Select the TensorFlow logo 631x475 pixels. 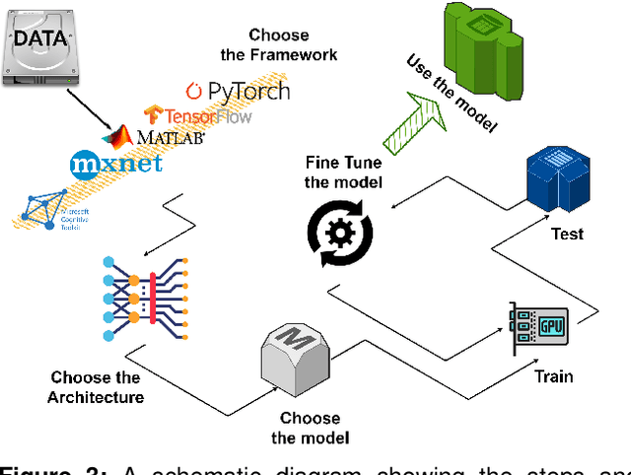coord(197,115)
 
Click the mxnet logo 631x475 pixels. coord(116,162)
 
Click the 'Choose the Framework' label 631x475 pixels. coord(292,45)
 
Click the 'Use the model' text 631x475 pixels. coord(453,95)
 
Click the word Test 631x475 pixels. coord(567,235)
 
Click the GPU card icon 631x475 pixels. coord(540,329)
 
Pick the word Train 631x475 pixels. coord(553,375)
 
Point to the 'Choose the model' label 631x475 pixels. coord(310,428)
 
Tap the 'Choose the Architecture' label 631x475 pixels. coord(95,387)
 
